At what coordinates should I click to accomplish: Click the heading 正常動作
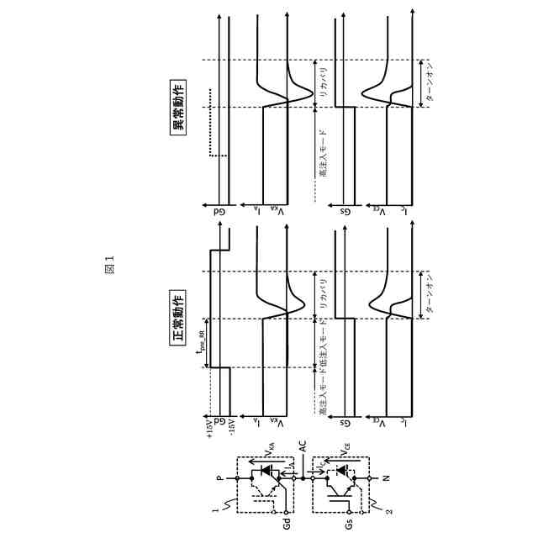pos(178,312)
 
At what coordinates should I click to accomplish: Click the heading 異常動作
pos(178,106)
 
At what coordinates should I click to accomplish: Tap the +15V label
pos(208,426)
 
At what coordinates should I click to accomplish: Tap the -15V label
pos(231,426)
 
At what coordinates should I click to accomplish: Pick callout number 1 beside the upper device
pos(217,509)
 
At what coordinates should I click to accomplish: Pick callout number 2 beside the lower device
pos(388,509)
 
